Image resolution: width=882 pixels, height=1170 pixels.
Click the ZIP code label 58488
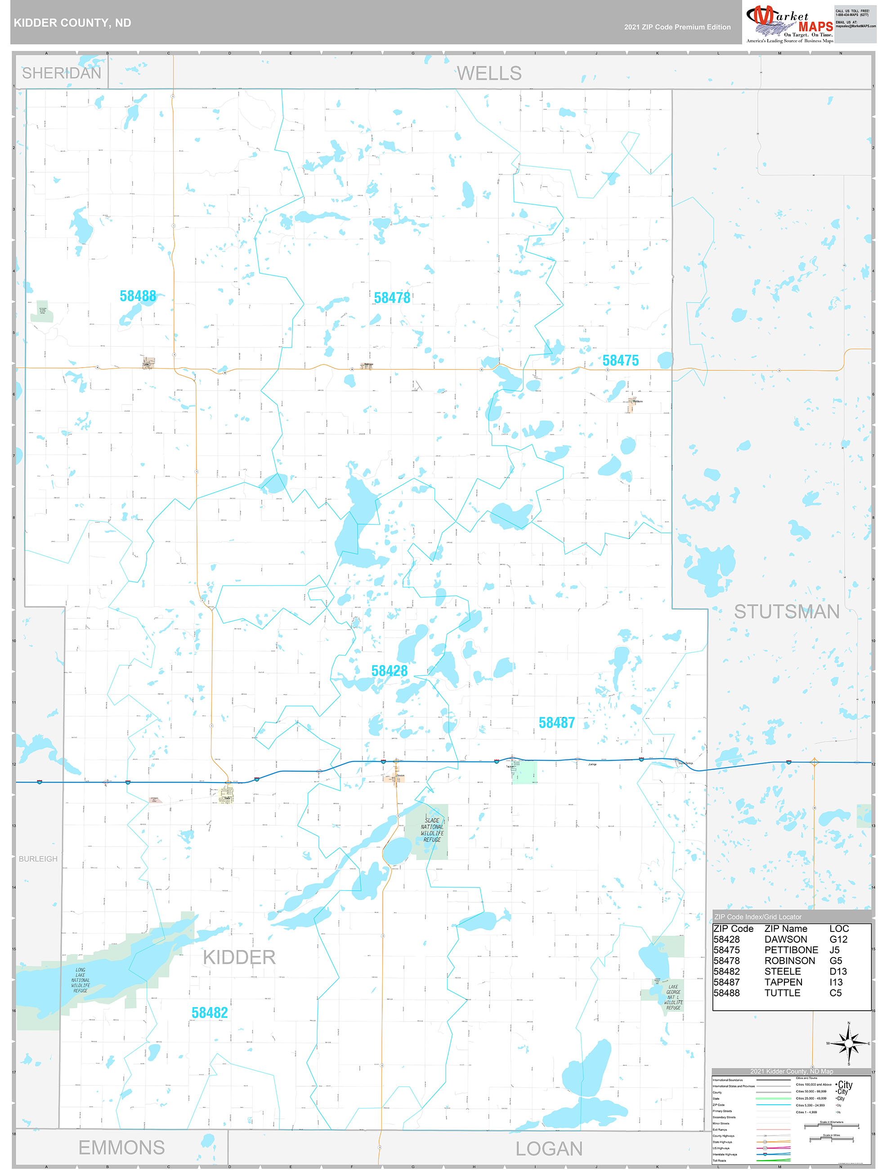138,296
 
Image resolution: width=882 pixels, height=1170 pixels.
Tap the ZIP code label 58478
392,298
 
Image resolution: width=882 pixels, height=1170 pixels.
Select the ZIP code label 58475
620,361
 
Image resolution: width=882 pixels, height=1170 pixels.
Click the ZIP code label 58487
556,723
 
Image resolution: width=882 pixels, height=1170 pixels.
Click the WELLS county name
489,73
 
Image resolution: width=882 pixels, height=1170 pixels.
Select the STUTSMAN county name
786,612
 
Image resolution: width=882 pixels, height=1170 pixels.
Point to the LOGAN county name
549,1149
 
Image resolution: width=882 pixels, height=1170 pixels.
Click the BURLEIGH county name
38,859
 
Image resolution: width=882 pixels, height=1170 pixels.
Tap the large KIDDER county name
239,957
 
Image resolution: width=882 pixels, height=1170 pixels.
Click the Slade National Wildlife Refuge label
432,830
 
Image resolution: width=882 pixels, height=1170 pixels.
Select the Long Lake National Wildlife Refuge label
81,980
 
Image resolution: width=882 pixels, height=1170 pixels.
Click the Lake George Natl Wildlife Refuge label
673,997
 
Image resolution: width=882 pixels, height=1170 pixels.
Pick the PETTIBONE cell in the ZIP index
791,950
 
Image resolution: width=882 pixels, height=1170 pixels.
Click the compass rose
849,1044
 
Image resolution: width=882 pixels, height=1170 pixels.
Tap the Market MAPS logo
789,23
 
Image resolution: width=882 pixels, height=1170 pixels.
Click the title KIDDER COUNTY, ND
72,23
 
